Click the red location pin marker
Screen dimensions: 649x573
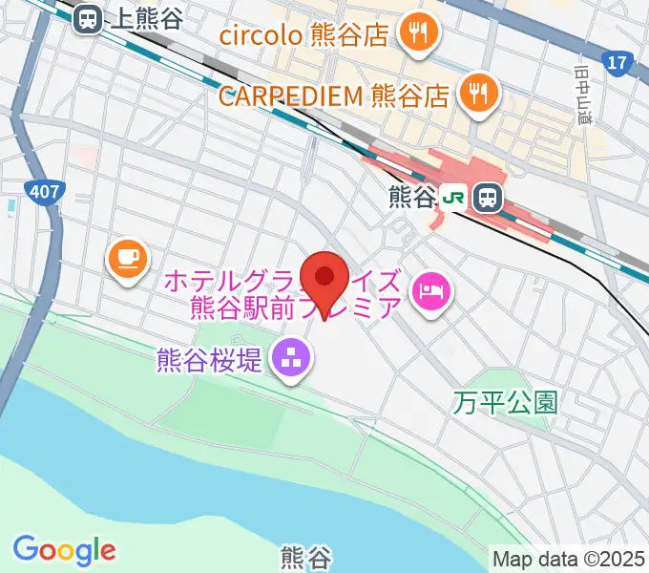click(324, 278)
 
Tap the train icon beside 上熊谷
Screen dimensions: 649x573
click(89, 18)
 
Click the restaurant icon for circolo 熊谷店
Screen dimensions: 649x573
click(418, 35)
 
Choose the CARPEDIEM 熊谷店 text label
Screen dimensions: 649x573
click(333, 95)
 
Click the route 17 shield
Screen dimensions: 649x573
click(618, 64)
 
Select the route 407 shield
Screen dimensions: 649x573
click(44, 192)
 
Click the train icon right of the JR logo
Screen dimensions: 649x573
click(488, 198)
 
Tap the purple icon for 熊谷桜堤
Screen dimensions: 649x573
click(290, 361)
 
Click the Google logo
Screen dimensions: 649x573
click(64, 550)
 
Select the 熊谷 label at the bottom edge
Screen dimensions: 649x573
click(305, 556)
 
